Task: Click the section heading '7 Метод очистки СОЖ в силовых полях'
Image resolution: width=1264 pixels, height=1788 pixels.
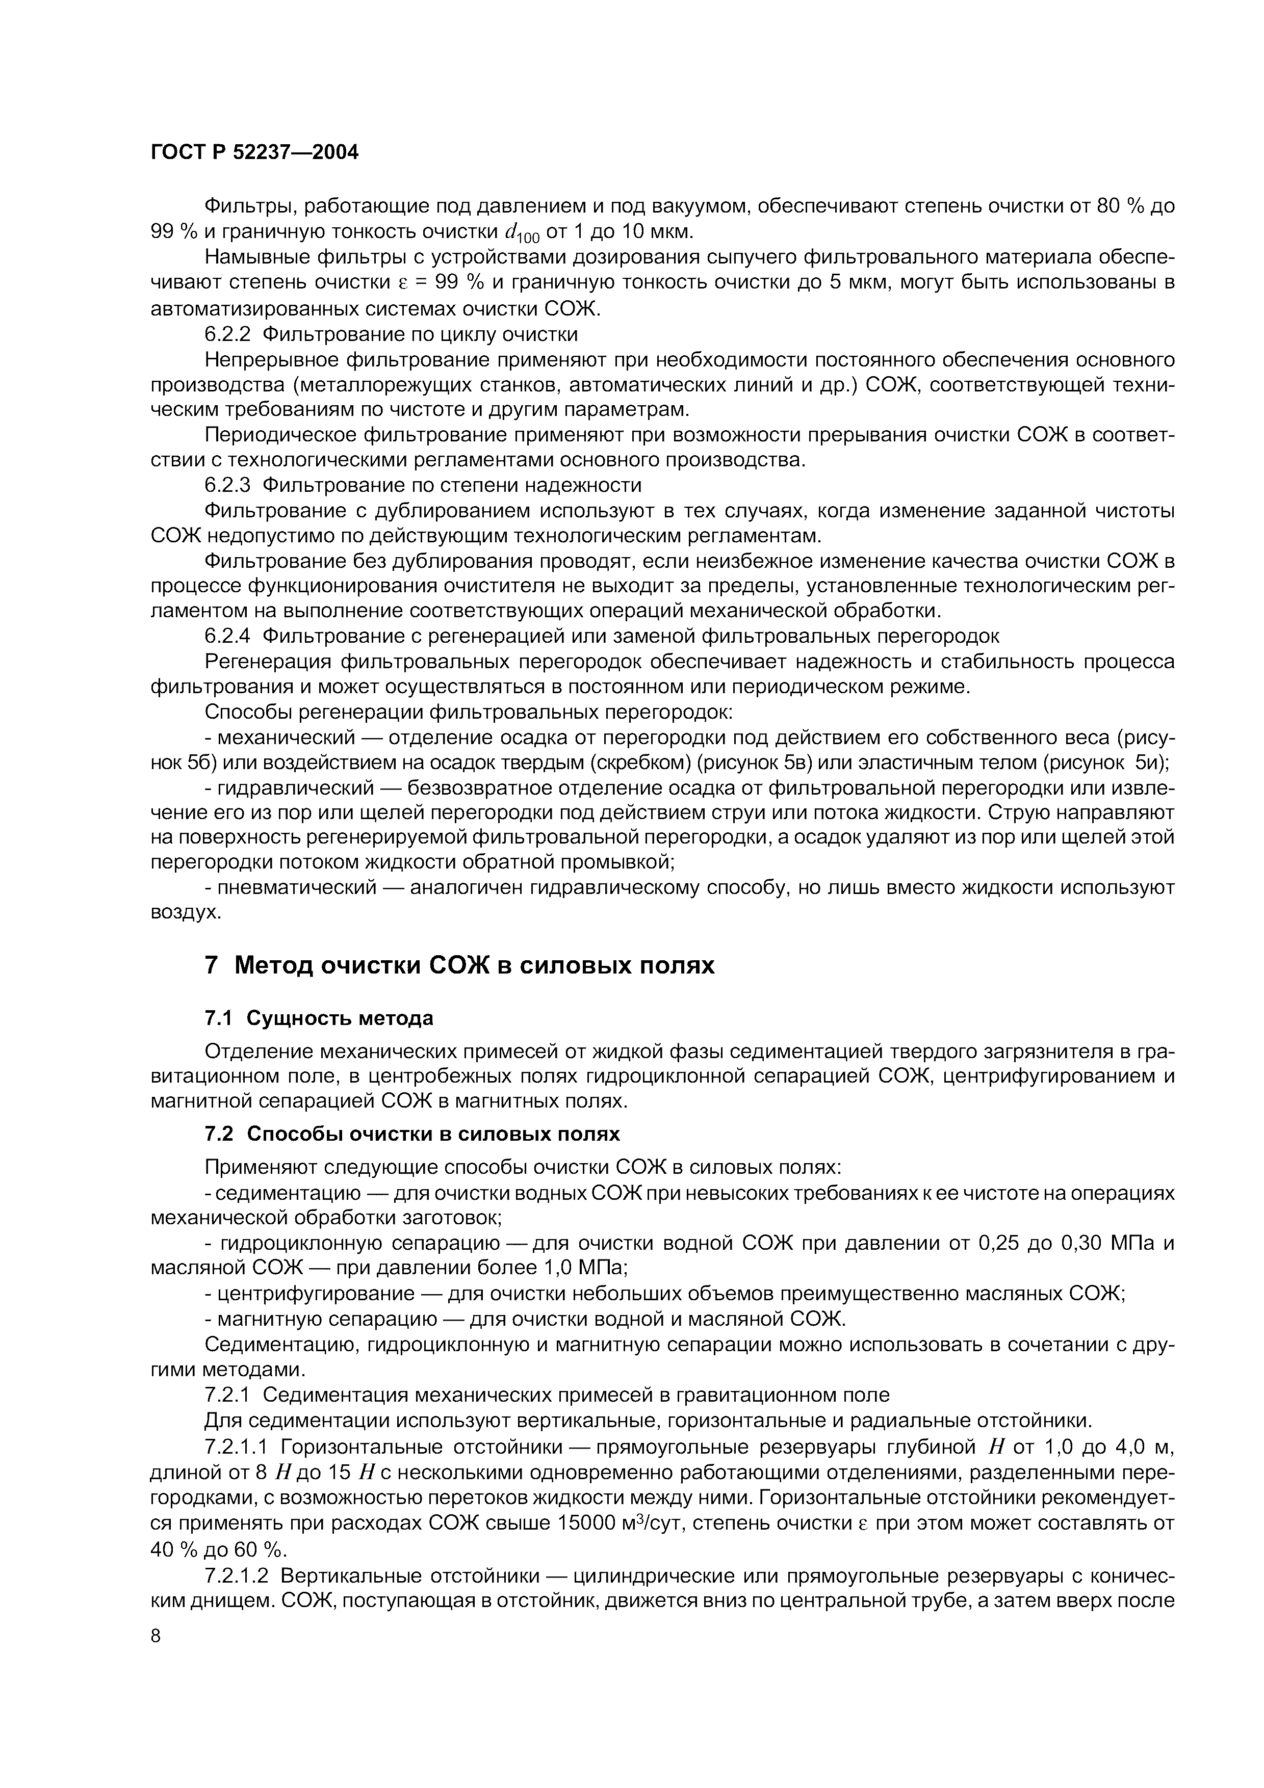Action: (459, 966)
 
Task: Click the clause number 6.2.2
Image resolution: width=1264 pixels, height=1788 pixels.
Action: (227, 335)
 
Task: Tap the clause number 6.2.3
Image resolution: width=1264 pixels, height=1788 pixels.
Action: (227, 485)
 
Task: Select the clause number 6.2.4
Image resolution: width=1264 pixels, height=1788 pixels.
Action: (227, 636)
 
